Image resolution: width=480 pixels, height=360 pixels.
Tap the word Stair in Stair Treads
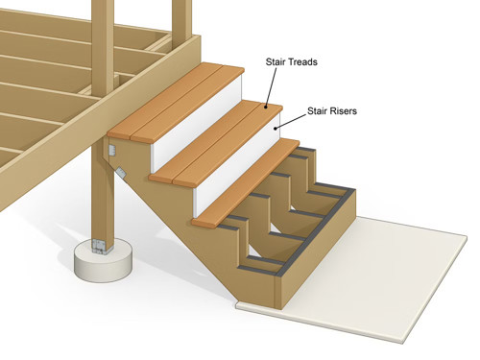pos(276,61)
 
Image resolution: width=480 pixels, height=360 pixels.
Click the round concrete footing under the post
pos(103,257)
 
